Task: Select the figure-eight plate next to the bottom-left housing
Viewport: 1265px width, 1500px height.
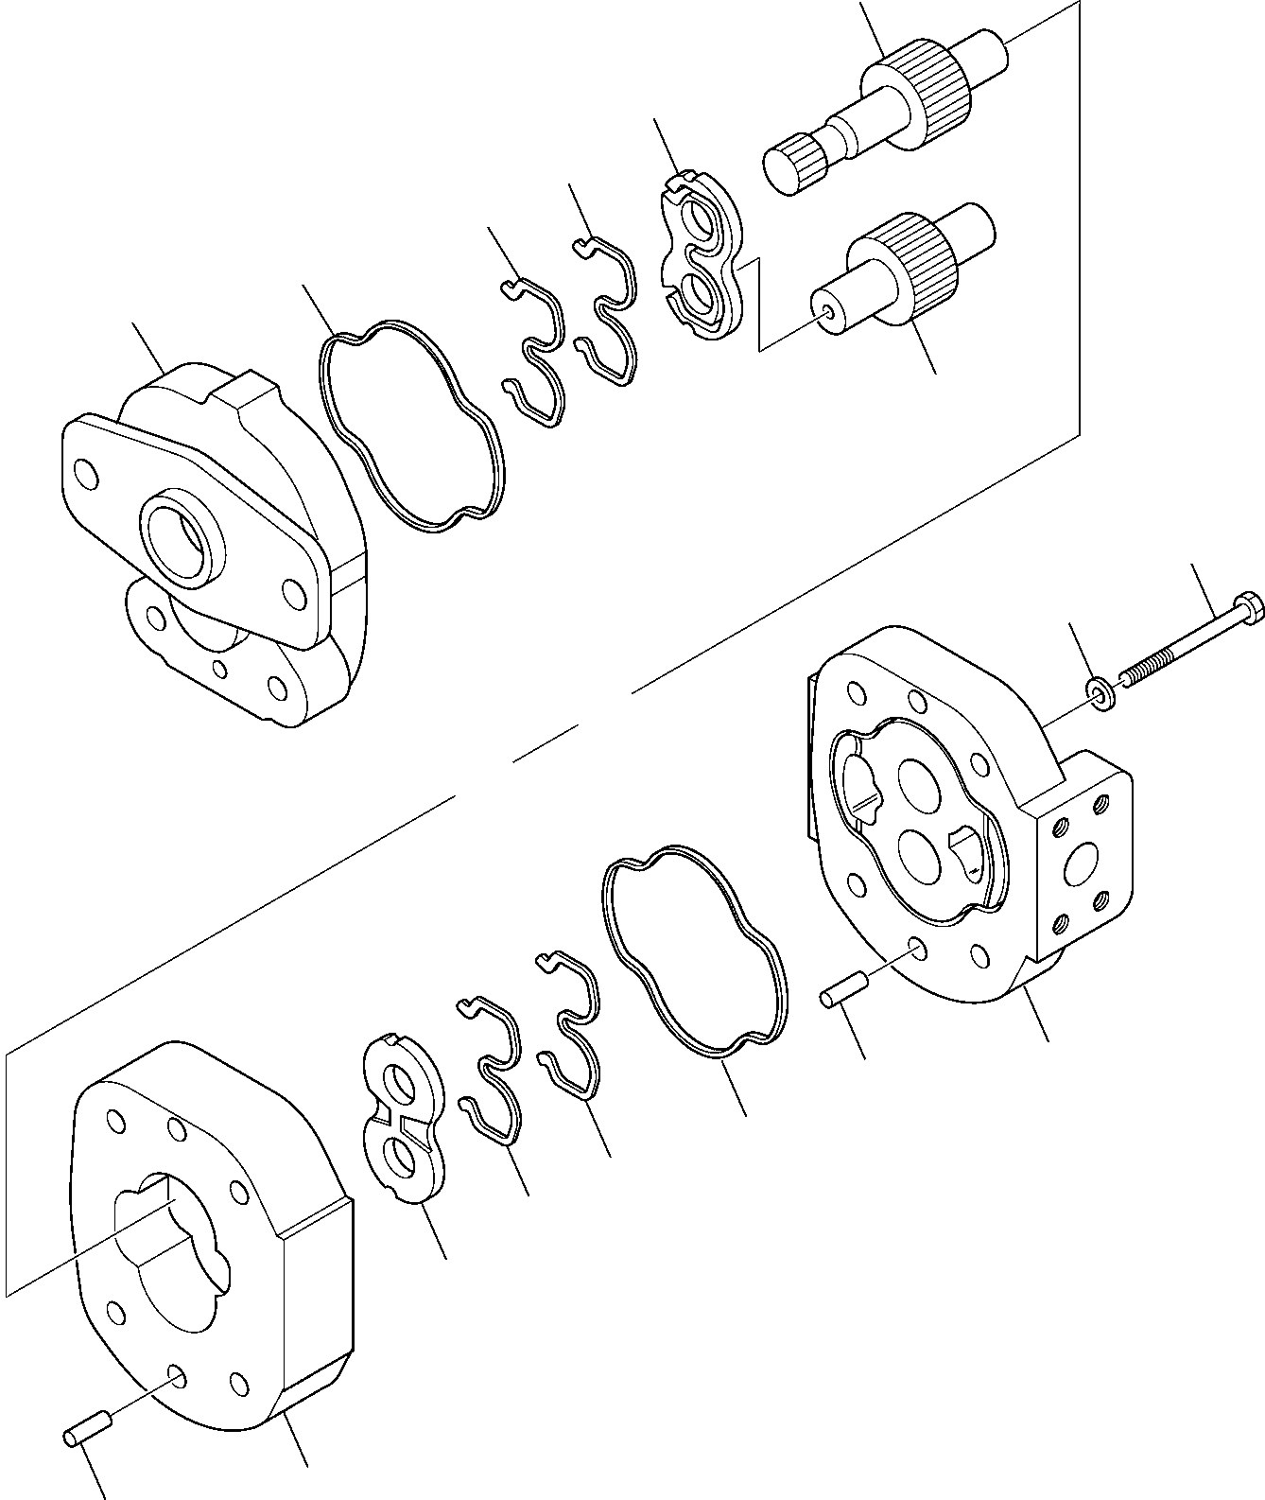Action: click(x=404, y=1119)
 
